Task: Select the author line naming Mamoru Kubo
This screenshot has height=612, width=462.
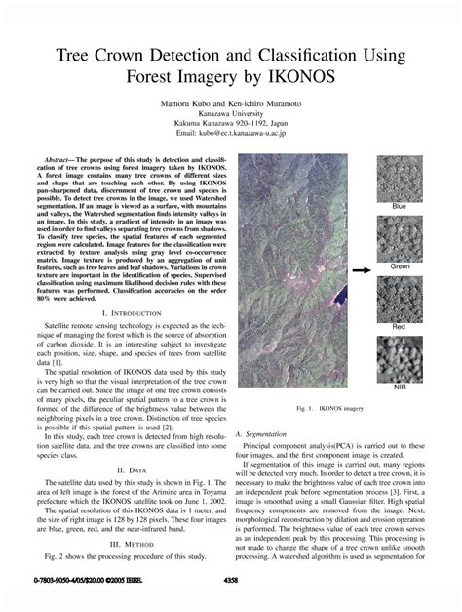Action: (x=230, y=102)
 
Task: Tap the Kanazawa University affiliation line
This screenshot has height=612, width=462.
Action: (x=230, y=114)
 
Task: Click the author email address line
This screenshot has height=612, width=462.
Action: (x=230, y=137)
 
